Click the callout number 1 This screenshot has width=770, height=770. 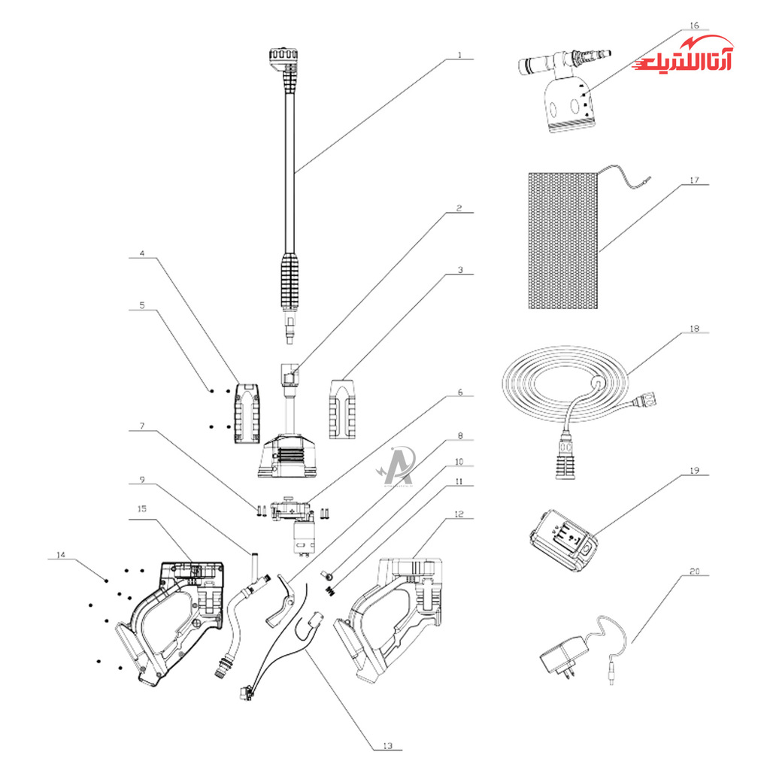pyautogui.click(x=460, y=56)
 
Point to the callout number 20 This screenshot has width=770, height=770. pyautogui.click(x=693, y=572)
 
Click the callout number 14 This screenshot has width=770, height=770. pyautogui.click(x=61, y=555)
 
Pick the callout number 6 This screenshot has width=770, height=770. pyautogui.click(x=460, y=393)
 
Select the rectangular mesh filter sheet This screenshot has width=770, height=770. pyautogui.click(x=562, y=241)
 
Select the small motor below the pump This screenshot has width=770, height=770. pyautogui.click(x=303, y=538)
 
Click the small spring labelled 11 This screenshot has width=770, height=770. pyautogui.click(x=330, y=591)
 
